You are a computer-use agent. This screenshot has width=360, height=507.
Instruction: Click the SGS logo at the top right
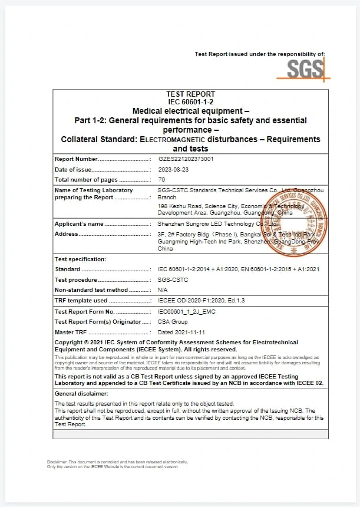click(x=306, y=70)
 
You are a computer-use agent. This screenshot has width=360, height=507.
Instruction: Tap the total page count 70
click(x=161, y=179)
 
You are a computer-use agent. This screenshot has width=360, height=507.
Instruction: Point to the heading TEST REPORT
click(x=191, y=94)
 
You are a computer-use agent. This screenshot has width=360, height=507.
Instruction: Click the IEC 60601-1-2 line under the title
click(x=191, y=102)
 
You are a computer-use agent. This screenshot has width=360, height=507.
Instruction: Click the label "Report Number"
click(x=76, y=159)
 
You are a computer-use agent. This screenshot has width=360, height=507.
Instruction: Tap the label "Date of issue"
click(x=74, y=170)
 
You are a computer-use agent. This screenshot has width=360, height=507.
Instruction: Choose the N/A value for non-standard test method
click(x=163, y=290)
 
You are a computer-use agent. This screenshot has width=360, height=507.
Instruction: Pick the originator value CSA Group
click(x=173, y=322)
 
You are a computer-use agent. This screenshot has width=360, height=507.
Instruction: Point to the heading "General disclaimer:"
click(x=81, y=393)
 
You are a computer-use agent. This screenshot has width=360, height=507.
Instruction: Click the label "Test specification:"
click(x=80, y=259)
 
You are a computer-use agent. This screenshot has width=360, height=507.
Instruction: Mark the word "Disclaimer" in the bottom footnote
click(x=57, y=462)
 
